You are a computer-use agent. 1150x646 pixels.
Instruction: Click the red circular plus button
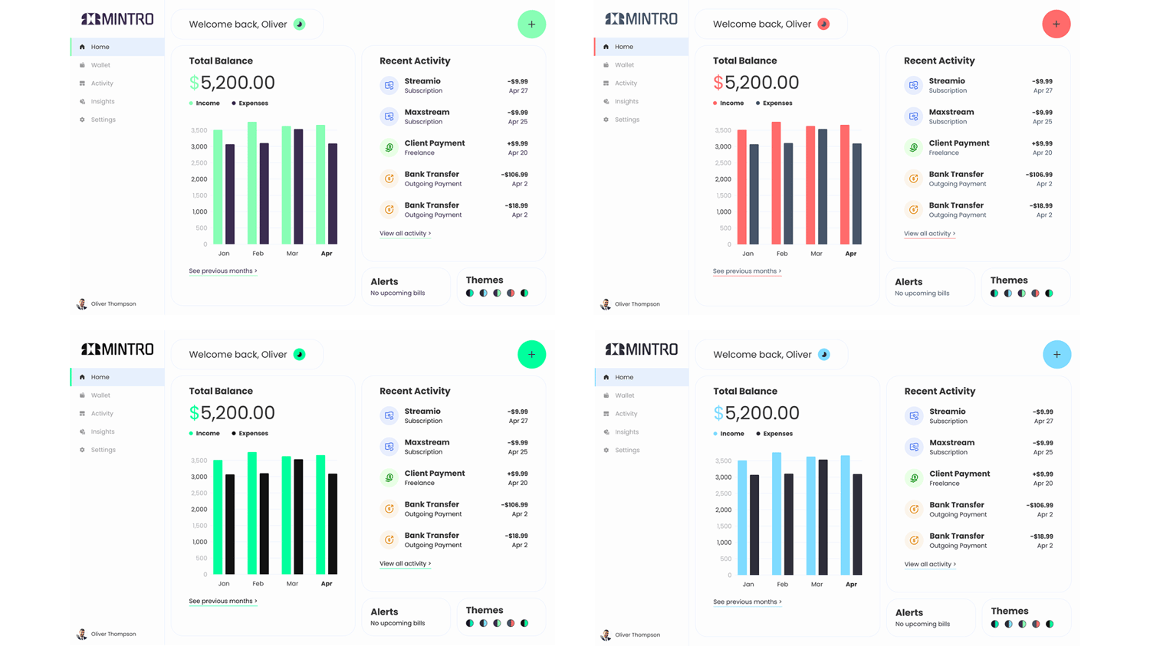click(x=1056, y=25)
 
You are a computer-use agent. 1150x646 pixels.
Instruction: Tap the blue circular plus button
click(x=1056, y=355)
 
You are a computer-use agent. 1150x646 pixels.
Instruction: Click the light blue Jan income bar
click(x=742, y=517)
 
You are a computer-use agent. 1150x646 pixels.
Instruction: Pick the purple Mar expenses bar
click(x=298, y=186)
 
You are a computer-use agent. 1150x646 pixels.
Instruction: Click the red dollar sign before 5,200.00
click(x=718, y=83)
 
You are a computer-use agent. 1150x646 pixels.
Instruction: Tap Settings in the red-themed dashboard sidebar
click(x=626, y=120)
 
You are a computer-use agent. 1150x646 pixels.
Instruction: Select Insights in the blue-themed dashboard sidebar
click(x=626, y=432)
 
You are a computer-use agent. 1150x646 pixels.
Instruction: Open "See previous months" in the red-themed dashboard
click(x=747, y=271)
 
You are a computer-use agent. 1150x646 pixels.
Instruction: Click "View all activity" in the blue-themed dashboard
click(x=929, y=565)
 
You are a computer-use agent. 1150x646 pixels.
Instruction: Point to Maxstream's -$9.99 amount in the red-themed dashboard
click(x=1042, y=113)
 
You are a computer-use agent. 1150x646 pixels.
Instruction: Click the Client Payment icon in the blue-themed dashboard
click(x=914, y=478)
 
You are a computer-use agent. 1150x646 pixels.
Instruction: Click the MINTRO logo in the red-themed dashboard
click(x=641, y=19)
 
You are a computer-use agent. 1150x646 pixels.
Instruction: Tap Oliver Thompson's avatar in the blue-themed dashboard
click(x=606, y=635)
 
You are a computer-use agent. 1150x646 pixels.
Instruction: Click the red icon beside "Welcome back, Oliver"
click(x=823, y=25)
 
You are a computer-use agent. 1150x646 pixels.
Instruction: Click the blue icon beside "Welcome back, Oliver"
click(x=824, y=355)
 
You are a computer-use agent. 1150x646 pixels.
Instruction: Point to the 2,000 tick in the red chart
click(x=722, y=179)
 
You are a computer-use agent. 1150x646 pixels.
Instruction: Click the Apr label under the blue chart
click(x=851, y=585)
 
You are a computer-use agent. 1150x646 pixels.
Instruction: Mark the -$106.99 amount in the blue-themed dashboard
click(x=1040, y=506)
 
